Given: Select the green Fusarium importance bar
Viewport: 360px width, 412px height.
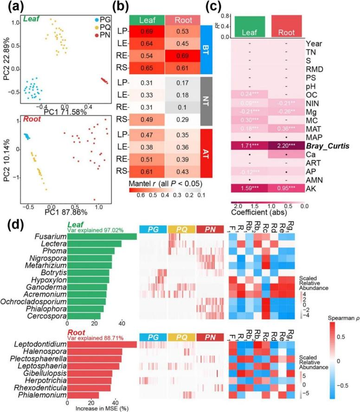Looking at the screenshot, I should [102, 237].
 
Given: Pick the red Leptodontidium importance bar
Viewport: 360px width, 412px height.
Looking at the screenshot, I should [102, 344].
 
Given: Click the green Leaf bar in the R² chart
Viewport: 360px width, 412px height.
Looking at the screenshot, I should [249, 26].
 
